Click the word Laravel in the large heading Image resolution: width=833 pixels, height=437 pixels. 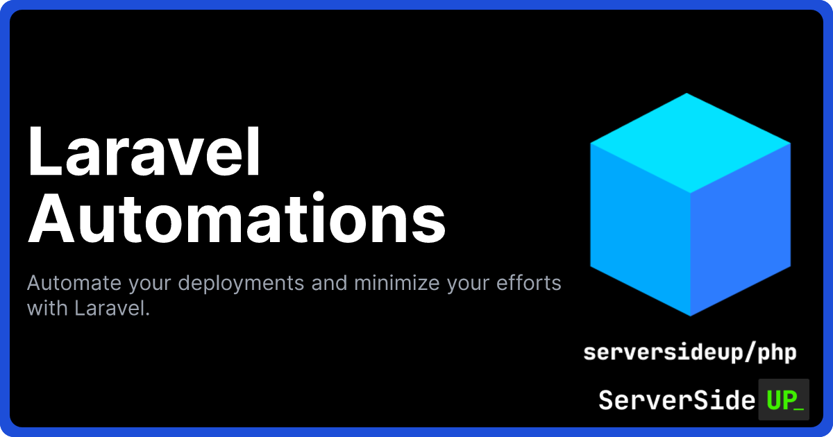point(144,151)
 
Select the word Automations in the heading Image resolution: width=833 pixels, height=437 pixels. point(237,218)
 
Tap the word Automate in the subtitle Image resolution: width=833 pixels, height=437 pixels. point(74,283)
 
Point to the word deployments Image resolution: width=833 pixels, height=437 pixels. point(240,284)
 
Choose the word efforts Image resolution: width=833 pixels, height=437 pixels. point(528,283)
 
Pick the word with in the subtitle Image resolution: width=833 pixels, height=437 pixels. point(47,308)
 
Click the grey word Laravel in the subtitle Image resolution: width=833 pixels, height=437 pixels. point(112,308)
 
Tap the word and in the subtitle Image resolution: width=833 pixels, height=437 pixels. point(329,283)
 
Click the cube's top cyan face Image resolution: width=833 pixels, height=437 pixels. point(689,143)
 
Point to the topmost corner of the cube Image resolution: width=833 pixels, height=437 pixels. point(687,93)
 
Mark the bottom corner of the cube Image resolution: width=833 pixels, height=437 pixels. point(690,316)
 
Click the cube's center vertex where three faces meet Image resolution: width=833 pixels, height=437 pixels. point(691,194)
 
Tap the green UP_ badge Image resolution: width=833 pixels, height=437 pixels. point(784,400)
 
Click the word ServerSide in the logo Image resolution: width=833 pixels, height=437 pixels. point(677,400)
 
